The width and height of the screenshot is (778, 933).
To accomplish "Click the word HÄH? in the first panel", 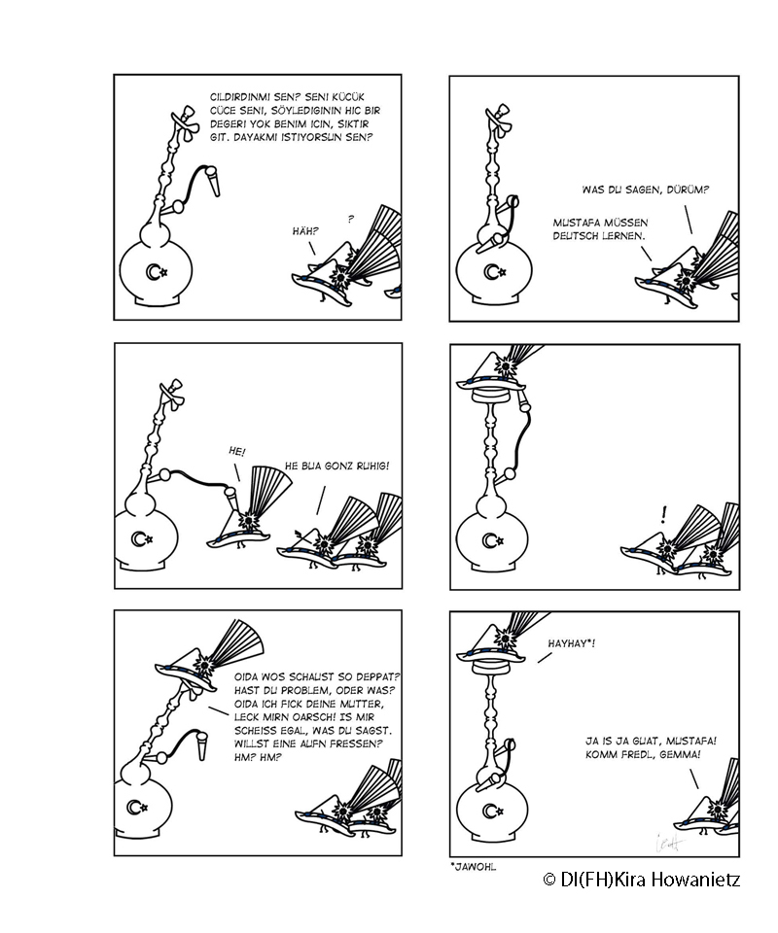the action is (305, 231).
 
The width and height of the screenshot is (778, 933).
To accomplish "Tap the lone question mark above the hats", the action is (351, 219).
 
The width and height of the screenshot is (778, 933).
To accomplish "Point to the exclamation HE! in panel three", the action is (236, 452).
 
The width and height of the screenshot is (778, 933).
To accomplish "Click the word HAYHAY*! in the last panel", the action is (572, 643).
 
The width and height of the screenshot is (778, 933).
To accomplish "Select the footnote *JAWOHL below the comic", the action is (474, 867).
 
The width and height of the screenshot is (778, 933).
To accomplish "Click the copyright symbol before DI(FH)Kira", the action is (549, 880).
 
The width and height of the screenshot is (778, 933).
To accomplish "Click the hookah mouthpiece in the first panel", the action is (213, 182).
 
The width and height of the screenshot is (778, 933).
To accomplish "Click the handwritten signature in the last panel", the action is (670, 843).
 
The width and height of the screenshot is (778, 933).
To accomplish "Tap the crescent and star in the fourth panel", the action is (493, 540).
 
